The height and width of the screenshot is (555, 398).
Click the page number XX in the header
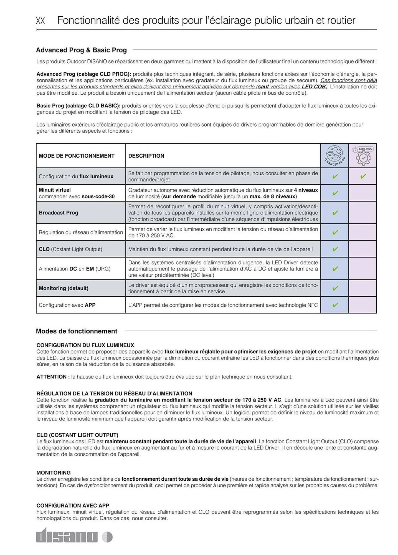(x=40, y=21)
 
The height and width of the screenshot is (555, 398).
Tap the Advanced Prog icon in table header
(x=334, y=156)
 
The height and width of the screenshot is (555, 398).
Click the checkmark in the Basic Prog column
(x=363, y=176)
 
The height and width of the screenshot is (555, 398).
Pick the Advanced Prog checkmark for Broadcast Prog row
(x=335, y=213)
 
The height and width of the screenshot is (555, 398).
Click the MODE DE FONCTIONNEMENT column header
(x=77, y=156)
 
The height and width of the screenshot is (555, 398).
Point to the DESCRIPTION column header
(x=146, y=156)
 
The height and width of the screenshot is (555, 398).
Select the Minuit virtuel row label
(x=55, y=190)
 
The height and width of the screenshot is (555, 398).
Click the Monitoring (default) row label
(x=64, y=288)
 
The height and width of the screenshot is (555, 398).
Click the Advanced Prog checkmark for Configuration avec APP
(x=335, y=305)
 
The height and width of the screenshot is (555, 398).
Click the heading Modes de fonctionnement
(x=77, y=331)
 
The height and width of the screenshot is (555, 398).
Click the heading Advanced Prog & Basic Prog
(x=81, y=50)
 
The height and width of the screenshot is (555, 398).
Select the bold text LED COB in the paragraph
(x=313, y=87)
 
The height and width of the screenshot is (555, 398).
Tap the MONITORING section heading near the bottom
(x=54, y=473)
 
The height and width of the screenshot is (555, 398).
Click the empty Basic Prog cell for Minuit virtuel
(x=363, y=193)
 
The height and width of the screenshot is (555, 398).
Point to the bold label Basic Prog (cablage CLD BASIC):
(x=78, y=106)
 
